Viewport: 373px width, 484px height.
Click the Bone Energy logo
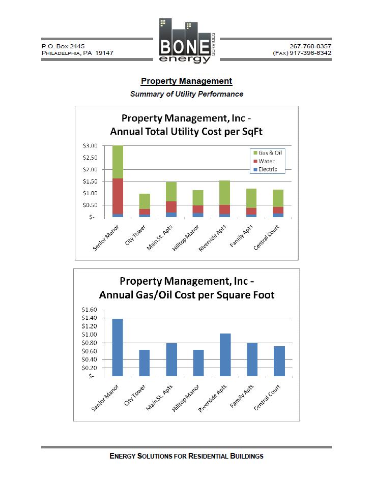186,42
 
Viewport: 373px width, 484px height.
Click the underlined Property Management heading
186,81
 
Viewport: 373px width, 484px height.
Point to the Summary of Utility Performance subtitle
186,94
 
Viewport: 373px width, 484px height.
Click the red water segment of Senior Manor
118,196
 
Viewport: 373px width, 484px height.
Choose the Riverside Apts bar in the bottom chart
224,355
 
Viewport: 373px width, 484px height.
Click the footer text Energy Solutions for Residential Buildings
186,456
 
